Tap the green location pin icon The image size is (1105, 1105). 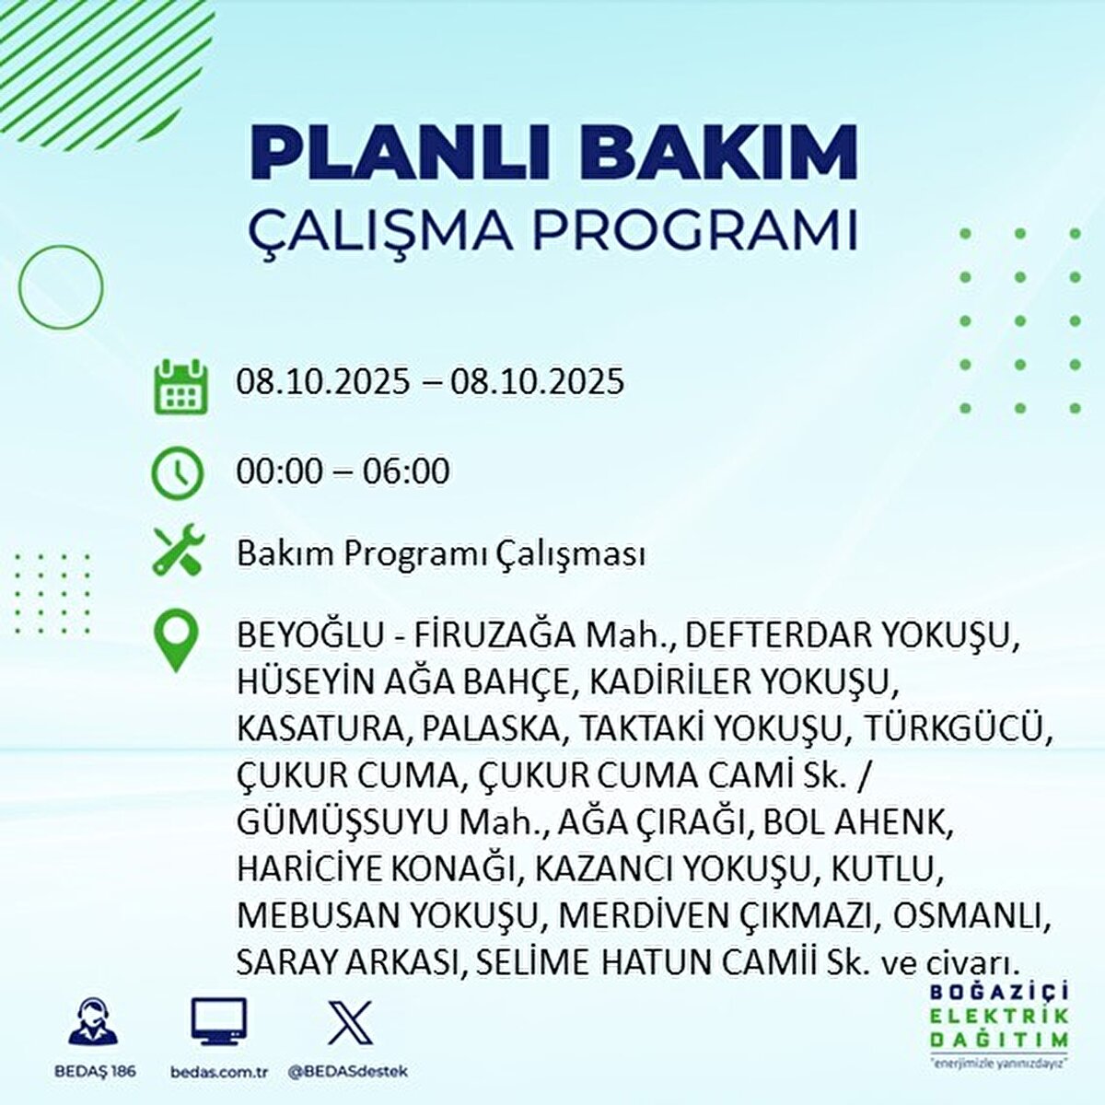pos(175,642)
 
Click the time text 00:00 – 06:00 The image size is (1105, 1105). pos(343,471)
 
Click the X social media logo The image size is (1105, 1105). pos(350,1021)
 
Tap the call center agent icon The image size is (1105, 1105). pos(93,1022)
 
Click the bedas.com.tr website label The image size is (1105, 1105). pos(218,1072)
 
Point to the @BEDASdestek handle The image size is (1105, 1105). pos(347,1072)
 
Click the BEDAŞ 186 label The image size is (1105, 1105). pos(93,1072)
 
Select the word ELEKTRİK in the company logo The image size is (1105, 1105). pos(999,1017)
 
